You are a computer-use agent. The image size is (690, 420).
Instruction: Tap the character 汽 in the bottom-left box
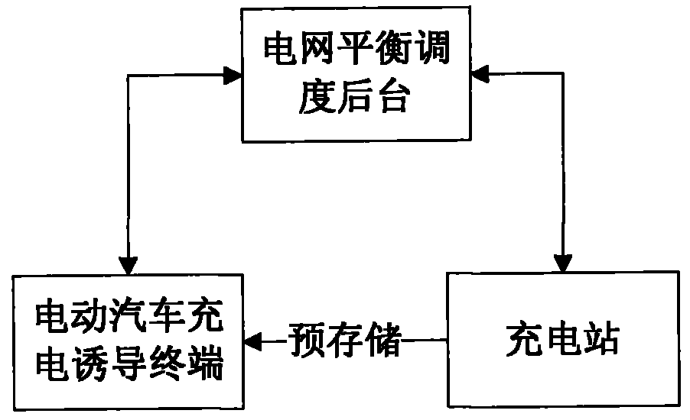click(129, 316)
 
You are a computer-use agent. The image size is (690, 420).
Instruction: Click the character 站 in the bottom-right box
click(600, 340)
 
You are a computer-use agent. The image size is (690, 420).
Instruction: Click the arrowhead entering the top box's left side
click(233, 76)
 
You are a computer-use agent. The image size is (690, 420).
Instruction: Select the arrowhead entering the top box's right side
click(480, 73)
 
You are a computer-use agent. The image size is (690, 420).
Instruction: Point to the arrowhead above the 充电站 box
click(563, 263)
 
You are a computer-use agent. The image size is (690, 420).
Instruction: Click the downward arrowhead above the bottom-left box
click(129, 266)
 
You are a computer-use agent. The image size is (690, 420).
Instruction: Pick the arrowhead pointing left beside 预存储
click(253, 341)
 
